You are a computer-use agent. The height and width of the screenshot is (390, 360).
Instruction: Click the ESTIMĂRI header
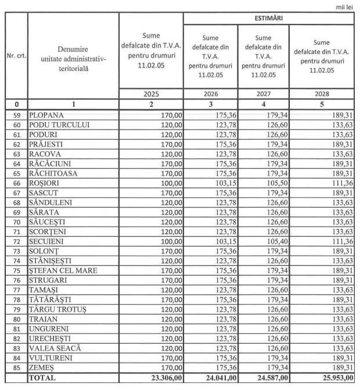(268, 18)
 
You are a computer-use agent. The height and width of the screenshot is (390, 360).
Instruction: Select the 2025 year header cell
(150, 94)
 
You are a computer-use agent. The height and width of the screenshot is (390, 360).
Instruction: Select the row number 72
(16, 241)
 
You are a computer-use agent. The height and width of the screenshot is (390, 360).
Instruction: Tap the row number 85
(16, 367)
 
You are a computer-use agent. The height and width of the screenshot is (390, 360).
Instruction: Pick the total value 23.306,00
(162, 378)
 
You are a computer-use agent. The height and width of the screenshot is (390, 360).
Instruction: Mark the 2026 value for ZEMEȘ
(225, 367)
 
